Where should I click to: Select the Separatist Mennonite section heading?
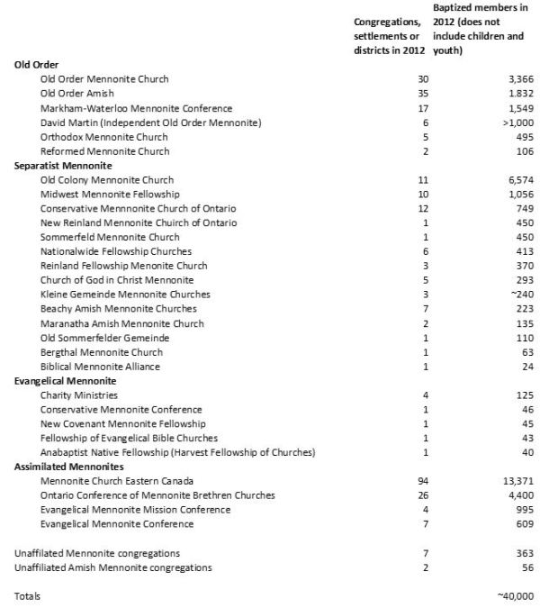(63, 166)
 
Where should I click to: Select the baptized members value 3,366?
(519, 79)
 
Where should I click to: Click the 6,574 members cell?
(519, 180)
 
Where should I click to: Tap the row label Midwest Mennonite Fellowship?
(111, 195)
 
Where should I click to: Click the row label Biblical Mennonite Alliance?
(101, 367)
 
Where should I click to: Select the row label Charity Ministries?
(79, 395)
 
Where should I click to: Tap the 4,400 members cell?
(519, 496)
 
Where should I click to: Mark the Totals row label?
(28, 596)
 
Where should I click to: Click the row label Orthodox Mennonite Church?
(104, 137)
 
